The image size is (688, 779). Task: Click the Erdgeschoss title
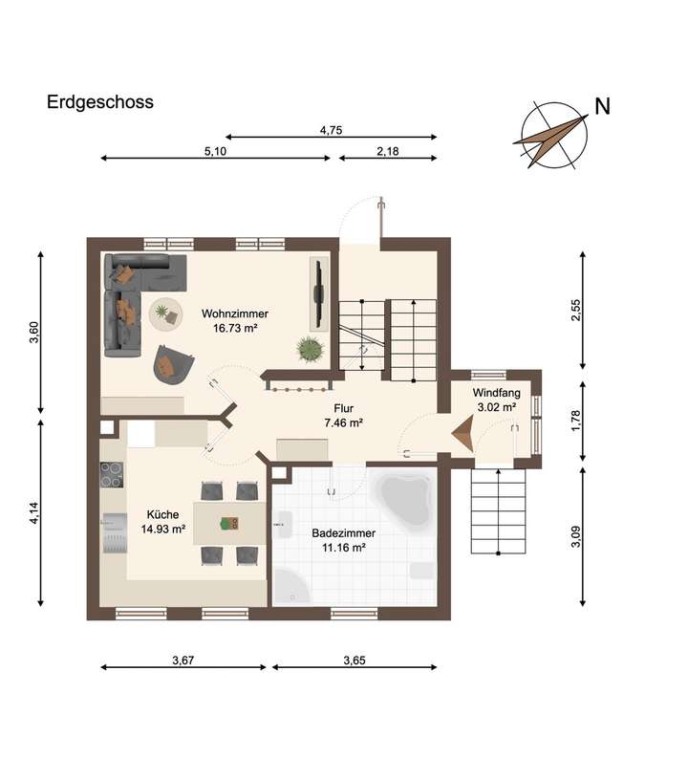[100, 102]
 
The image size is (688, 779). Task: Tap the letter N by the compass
[602, 106]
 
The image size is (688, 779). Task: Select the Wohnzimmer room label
[234, 319]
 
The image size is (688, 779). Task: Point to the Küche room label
[162, 521]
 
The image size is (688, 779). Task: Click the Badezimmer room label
[343, 540]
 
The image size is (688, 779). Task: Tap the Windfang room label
[495, 400]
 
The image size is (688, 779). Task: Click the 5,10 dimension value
[215, 150]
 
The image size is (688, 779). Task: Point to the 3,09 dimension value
[576, 536]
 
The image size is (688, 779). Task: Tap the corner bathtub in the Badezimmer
[406, 498]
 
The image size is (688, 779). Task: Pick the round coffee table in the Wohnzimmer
[166, 312]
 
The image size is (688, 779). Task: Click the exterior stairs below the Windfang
[498, 513]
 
